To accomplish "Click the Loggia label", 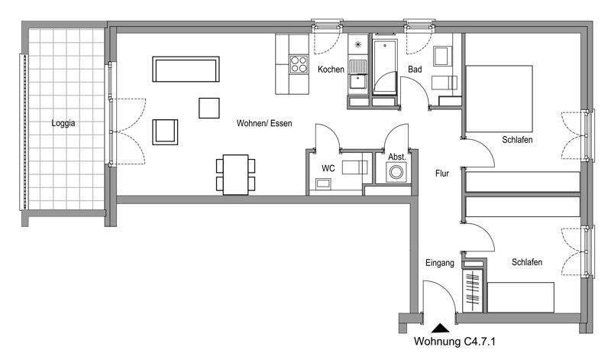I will click(x=63, y=123).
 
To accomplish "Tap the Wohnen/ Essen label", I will click(x=263, y=123).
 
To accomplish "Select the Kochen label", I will click(x=331, y=70).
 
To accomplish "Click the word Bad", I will click(x=415, y=70).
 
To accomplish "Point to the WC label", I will click(x=328, y=167).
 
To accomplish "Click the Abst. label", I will click(x=396, y=157).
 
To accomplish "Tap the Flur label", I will click(x=441, y=174).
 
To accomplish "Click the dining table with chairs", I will click(x=235, y=174).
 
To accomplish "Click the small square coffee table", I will click(x=209, y=108).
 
